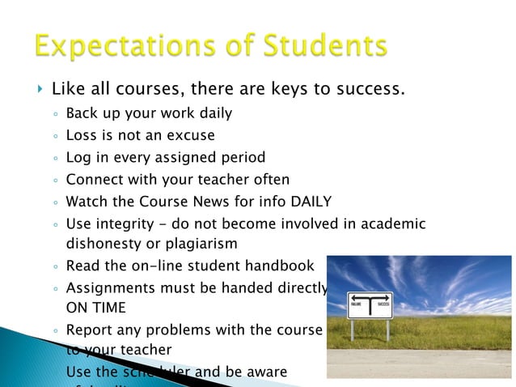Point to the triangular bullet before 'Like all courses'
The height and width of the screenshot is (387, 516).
click(x=39, y=87)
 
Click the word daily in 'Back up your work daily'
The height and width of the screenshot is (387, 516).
click(x=214, y=113)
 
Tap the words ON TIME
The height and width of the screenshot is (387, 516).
click(x=95, y=308)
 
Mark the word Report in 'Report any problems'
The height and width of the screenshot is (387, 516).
click(x=89, y=330)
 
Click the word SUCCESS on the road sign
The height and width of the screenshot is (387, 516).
click(x=383, y=304)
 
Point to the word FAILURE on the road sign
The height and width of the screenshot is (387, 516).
click(x=357, y=304)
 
